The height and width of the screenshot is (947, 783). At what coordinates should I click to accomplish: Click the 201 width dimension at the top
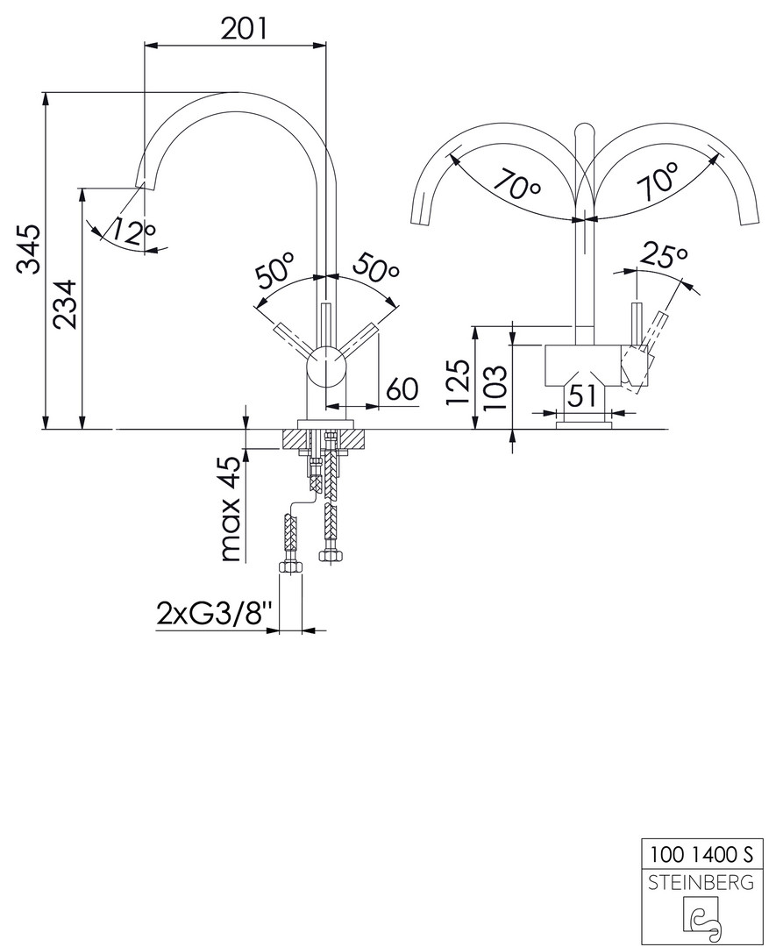click(243, 28)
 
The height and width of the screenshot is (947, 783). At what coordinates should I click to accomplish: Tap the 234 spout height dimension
click(65, 303)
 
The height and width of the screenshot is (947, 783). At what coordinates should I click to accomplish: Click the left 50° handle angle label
click(276, 270)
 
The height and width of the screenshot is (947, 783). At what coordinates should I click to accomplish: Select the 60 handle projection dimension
click(402, 389)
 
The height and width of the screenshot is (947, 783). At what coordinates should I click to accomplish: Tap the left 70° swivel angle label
click(516, 183)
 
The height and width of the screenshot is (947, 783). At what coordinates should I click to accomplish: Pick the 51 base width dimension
click(583, 395)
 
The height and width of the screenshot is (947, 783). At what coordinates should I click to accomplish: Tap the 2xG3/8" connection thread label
click(210, 614)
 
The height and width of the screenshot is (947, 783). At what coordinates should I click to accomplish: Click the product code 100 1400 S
click(701, 854)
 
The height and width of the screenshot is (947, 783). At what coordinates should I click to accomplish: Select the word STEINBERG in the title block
click(701, 882)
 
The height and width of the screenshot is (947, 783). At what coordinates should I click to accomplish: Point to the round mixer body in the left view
click(326, 366)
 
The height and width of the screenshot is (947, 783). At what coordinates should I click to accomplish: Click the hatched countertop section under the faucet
click(324, 438)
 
